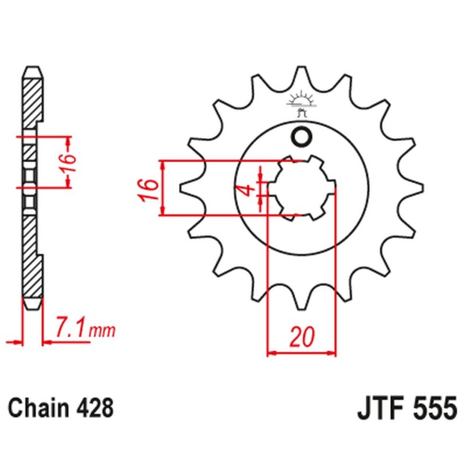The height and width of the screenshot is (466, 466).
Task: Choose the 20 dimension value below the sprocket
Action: (x=302, y=336)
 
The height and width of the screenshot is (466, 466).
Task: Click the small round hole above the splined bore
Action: (x=302, y=137)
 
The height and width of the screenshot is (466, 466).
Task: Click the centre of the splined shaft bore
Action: (x=302, y=188)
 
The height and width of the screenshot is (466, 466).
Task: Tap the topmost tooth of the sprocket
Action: (x=302, y=73)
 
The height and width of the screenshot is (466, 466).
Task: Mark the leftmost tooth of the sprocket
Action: (x=185, y=188)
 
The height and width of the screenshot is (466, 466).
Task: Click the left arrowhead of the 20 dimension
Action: (x=270, y=352)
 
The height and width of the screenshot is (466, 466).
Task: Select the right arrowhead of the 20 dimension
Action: (x=333, y=352)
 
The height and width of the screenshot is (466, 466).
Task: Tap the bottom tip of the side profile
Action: (x=33, y=308)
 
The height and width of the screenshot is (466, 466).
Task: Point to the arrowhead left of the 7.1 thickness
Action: (x=17, y=341)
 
